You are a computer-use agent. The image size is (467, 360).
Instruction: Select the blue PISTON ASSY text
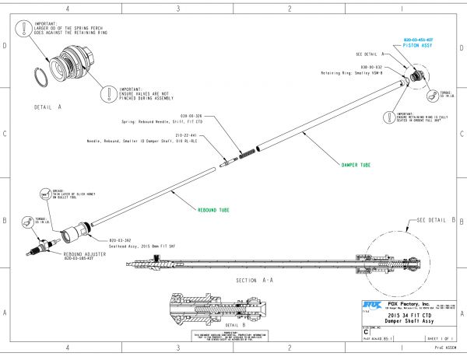(x=418, y=46)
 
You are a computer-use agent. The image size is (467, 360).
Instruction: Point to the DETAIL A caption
(x=47, y=104)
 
